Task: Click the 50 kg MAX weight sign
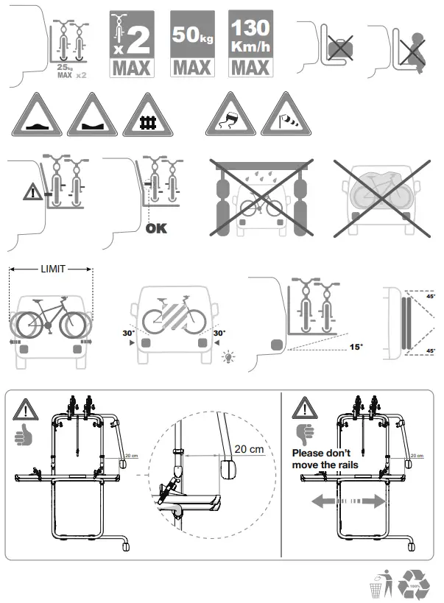click(x=192, y=44)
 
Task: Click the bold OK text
click(x=156, y=228)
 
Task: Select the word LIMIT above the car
click(x=51, y=270)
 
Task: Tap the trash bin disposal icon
click(x=378, y=586)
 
